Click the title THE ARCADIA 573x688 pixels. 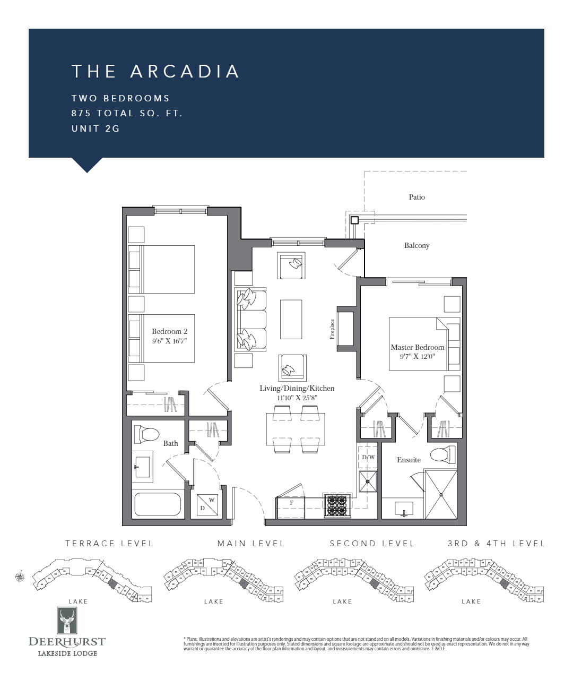[155, 72]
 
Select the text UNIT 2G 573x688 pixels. [95, 128]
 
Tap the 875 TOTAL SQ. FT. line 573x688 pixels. [127, 113]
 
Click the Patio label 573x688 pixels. [416, 197]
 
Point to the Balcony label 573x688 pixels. [416, 245]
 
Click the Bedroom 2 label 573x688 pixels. [169, 331]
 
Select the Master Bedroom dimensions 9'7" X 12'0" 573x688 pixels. [417, 357]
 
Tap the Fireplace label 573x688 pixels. [333, 329]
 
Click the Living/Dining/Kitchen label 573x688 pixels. [297, 388]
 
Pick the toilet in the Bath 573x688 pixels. [146, 435]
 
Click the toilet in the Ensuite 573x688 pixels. [442, 455]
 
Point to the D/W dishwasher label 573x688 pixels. [368, 457]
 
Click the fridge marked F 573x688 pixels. [291, 505]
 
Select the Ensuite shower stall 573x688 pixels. [440, 494]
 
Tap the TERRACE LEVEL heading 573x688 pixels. [109, 543]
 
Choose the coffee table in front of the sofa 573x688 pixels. [291, 319]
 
